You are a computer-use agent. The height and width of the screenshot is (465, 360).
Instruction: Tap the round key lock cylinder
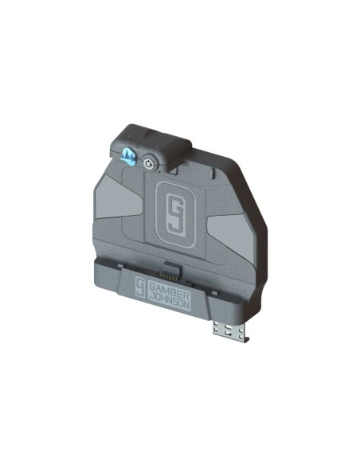[x=147, y=163]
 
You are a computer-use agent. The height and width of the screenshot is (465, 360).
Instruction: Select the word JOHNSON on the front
[x=169, y=301]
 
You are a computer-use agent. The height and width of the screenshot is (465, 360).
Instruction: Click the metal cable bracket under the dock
[x=232, y=332]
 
